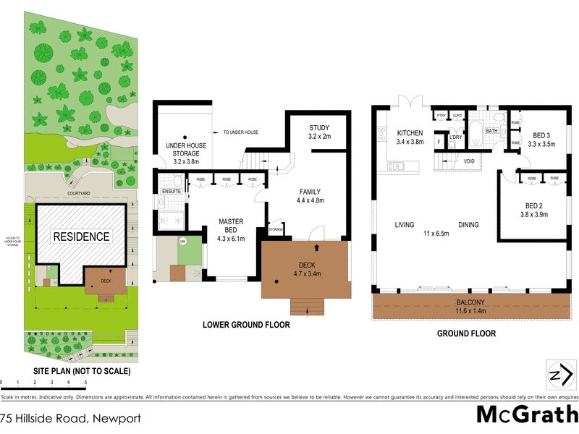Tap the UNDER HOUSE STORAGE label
tap(186, 150)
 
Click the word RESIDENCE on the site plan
tap(80, 237)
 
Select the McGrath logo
tap(526, 414)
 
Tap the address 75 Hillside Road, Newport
tap(70, 418)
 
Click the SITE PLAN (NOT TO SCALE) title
tap(82, 371)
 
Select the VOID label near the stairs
tap(468, 161)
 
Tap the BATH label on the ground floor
tap(491, 131)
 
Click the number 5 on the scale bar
tap(85, 381)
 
